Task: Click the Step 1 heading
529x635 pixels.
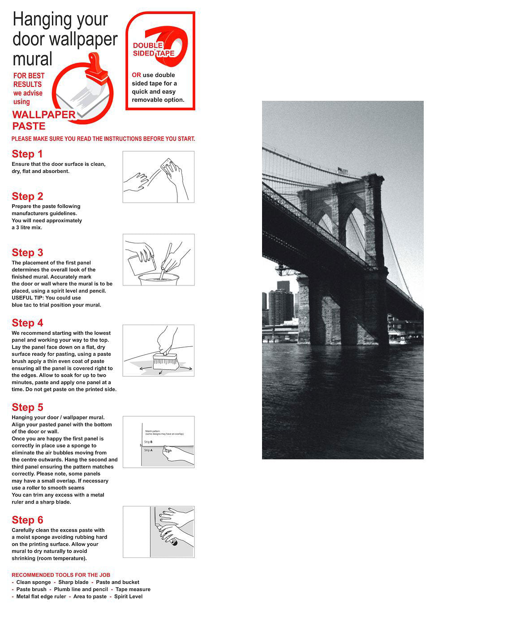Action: tap(27, 154)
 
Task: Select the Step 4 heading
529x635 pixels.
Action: tap(27, 323)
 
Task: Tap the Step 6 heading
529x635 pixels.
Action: tap(27, 520)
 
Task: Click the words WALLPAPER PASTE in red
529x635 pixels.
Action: tap(43, 120)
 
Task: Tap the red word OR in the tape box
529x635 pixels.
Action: tap(136, 75)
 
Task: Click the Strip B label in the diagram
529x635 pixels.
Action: tap(148, 442)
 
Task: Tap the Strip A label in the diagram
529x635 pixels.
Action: tap(148, 450)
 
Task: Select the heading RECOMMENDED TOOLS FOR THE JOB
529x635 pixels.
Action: tap(61, 575)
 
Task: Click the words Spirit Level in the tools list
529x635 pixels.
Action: tap(128, 596)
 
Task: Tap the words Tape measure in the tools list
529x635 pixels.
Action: tap(133, 589)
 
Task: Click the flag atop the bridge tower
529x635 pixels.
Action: tap(342, 171)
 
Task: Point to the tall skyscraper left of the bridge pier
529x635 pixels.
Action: tap(280, 305)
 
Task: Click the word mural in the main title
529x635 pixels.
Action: tap(32, 59)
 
